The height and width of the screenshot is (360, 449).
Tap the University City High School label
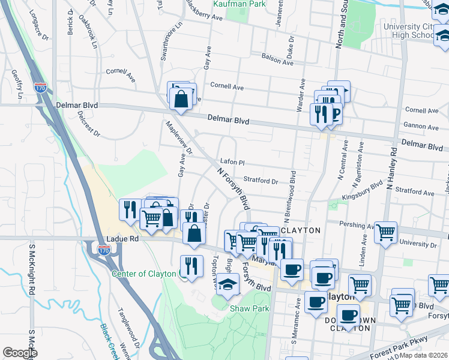[x=408, y=31]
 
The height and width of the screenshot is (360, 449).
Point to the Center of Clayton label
[x=144, y=274]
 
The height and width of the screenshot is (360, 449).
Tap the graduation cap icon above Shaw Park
[x=228, y=286]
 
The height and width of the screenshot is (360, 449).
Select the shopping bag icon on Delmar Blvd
[x=181, y=98]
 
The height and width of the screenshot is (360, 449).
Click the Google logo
[x=20, y=353]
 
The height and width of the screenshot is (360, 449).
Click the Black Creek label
[x=107, y=340]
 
